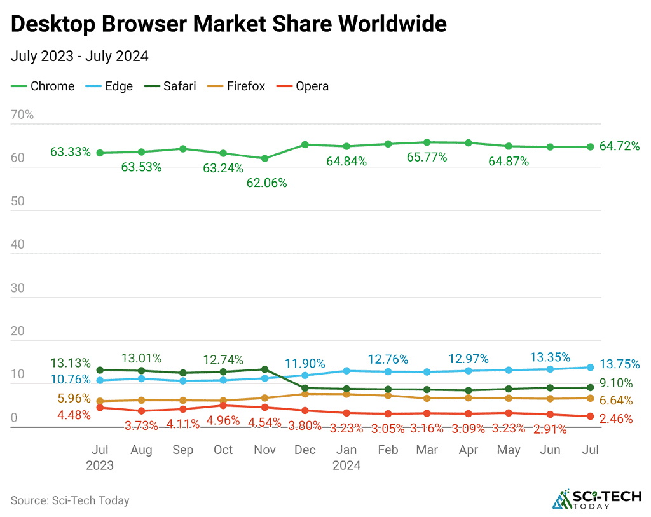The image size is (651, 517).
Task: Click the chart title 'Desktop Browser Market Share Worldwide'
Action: [x=228, y=24]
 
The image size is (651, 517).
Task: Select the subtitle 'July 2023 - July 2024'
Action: [x=79, y=56]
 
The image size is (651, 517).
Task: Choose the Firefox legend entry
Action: [x=238, y=86]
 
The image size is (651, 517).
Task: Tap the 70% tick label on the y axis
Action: [x=22, y=115]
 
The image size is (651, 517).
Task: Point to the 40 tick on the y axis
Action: [x=18, y=245]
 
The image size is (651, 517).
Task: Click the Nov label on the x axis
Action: [x=264, y=450]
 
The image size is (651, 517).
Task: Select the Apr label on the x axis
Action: [x=468, y=450]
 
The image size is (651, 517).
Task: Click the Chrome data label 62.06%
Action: [x=266, y=183]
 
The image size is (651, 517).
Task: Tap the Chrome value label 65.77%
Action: [x=427, y=156]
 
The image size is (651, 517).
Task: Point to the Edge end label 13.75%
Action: [x=619, y=364]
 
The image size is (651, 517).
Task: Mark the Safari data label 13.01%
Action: [x=141, y=358]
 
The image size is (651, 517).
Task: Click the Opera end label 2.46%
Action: [x=616, y=418]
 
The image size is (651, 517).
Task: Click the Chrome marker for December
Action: [x=305, y=145]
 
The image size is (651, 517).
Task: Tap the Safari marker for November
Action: [x=264, y=369]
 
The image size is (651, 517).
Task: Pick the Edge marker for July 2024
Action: [x=590, y=367]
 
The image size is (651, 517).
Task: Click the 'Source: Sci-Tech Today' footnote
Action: [x=70, y=500]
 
